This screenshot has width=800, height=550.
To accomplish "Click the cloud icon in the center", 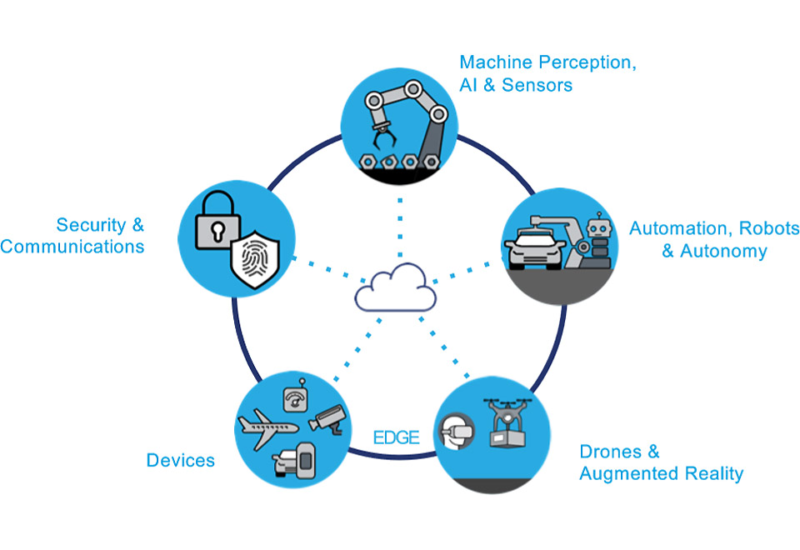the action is coord(395,288).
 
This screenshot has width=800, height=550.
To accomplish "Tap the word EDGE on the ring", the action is coord(397,437).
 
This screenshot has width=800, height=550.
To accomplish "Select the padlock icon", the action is coord(217,220).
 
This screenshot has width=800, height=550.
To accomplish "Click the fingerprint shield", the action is coord(255,259).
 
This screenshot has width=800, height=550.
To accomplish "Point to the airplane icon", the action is coord(267,427).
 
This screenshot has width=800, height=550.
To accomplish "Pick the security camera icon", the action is coord(328,420).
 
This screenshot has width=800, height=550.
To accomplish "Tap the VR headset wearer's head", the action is coord(456,431).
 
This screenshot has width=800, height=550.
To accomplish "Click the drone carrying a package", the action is coord(507,422).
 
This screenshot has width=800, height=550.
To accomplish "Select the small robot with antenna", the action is coord(599,240).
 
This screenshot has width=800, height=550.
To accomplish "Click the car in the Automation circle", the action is coord(534,248).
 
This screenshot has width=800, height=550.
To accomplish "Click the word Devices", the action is coord(181,460).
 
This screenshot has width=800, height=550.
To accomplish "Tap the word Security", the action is coord(92,224).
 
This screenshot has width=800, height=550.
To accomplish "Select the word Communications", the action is coord(72,247).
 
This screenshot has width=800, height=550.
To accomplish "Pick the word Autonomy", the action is coord(723,251).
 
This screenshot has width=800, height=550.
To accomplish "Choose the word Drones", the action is coord(611,452).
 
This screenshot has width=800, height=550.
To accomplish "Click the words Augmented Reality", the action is coord(661,474).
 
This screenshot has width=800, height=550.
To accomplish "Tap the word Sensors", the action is coord(537,85).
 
